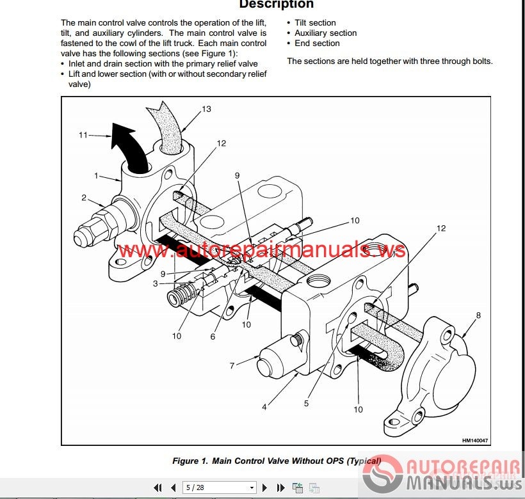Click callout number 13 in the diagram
(207, 109)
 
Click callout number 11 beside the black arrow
(83, 135)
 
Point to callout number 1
(97, 175)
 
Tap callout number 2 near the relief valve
(84, 198)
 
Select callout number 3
(156, 283)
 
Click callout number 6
(213, 337)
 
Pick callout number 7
(232, 365)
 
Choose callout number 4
(264, 407)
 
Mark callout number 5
(307, 403)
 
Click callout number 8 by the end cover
(478, 315)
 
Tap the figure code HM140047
(475, 441)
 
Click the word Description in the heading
(276, 4)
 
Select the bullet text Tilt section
(315, 23)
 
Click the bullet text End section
(317, 43)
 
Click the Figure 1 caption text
(277, 461)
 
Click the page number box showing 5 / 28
(220, 487)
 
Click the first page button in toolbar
(157, 487)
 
